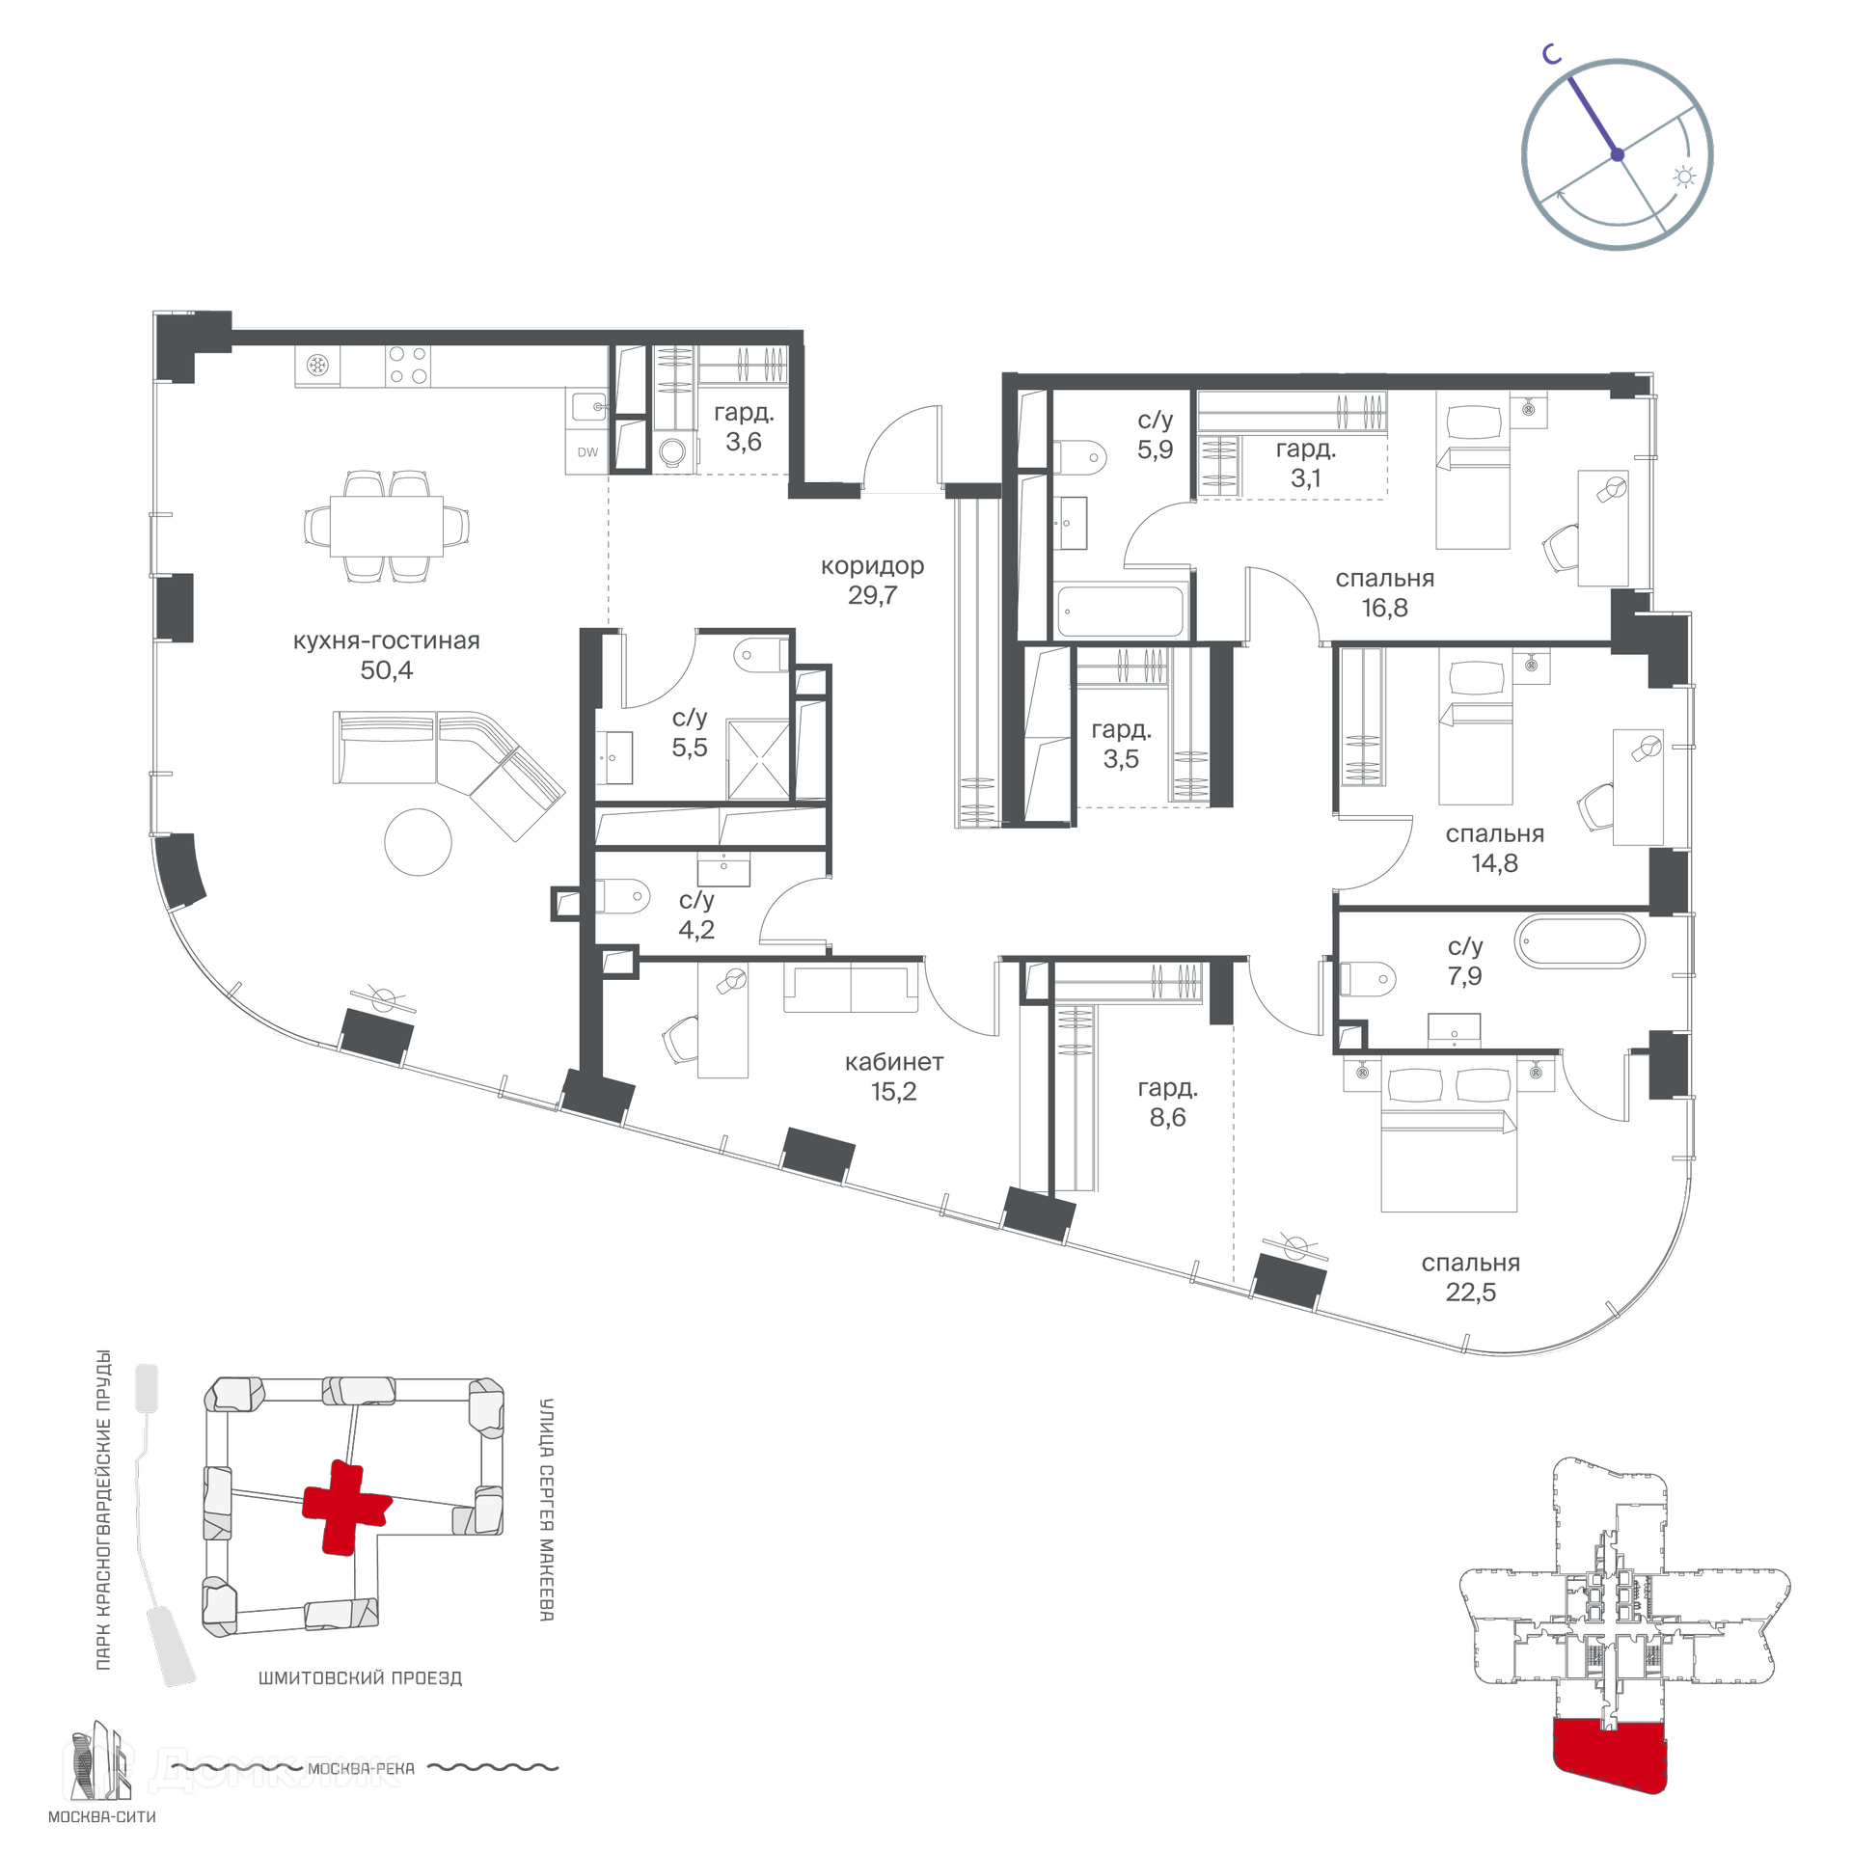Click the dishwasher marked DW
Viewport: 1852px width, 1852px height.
point(587,451)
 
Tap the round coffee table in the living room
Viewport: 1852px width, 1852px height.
point(418,842)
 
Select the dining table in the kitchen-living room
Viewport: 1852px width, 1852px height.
point(386,526)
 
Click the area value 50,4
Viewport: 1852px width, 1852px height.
point(386,669)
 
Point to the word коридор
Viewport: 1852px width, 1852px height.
point(872,566)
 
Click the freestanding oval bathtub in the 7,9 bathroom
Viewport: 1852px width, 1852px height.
point(1579,941)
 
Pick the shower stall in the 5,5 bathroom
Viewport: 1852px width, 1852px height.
point(758,759)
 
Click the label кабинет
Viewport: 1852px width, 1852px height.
point(894,1062)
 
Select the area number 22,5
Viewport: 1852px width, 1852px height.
point(1470,1292)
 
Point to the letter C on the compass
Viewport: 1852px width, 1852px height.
point(1551,55)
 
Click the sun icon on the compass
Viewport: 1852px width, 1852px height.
point(1684,177)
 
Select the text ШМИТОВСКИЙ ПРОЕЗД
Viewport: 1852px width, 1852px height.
point(360,1677)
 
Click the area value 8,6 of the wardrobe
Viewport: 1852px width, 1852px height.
point(1167,1117)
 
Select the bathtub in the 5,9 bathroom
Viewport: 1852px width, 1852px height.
point(1120,611)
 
